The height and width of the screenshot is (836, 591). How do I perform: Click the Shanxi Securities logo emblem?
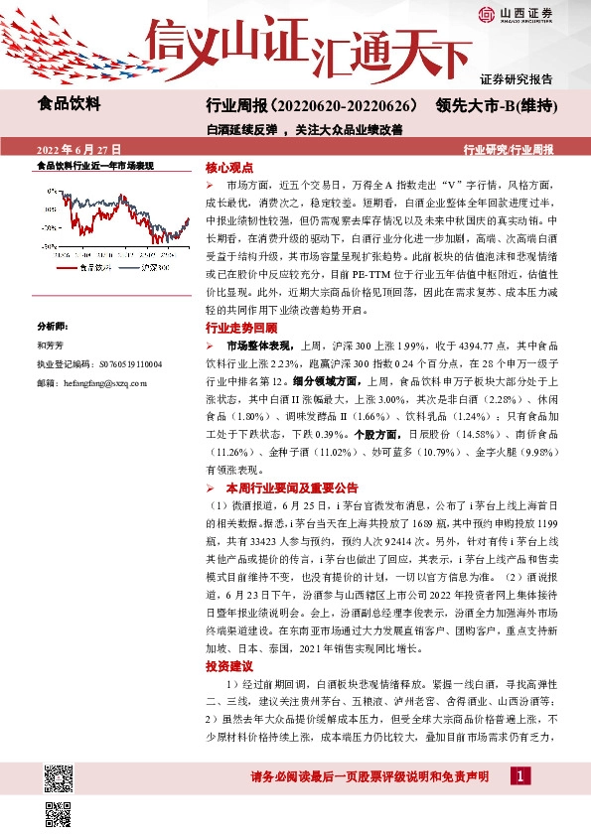pyautogui.click(x=486, y=13)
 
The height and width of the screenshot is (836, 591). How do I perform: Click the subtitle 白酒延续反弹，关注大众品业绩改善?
pyautogui.click(x=304, y=129)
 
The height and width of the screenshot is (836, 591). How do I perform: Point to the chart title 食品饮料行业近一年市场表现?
pyautogui.click(x=95, y=166)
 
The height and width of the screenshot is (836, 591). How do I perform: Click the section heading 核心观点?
pyautogui.click(x=229, y=169)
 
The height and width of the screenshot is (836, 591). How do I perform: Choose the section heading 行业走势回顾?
pyautogui.click(x=241, y=327)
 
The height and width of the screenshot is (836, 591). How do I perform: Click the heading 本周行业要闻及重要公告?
pyautogui.click(x=291, y=488)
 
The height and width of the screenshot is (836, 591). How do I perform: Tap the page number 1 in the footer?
pyautogui.click(x=520, y=774)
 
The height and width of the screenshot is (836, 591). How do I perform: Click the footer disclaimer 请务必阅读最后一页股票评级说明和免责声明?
pyautogui.click(x=369, y=775)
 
